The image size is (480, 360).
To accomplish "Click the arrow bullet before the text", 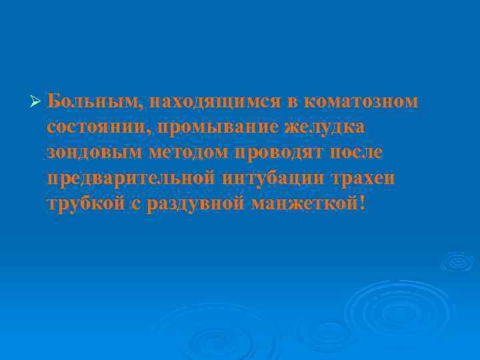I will pyautogui.click(x=37, y=103).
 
